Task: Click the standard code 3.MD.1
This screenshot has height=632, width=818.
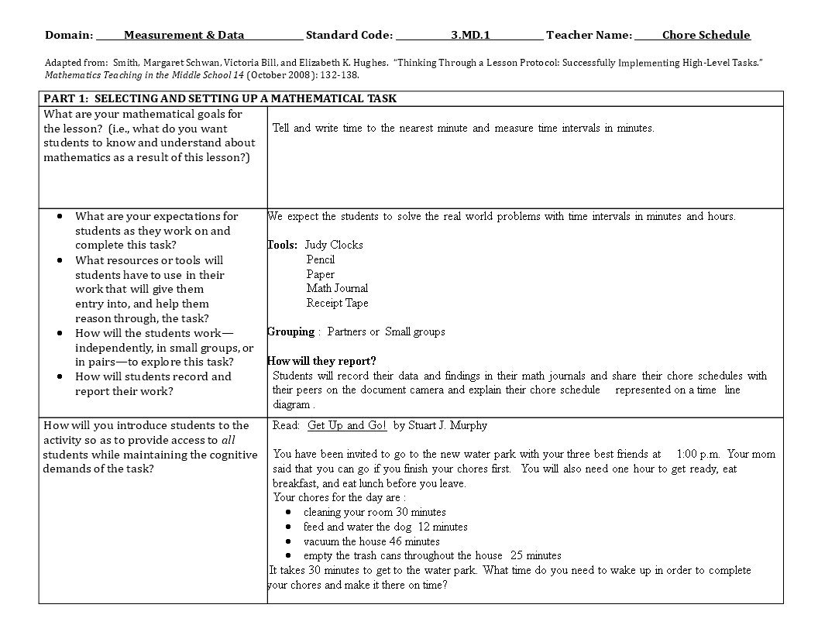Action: pos(470,35)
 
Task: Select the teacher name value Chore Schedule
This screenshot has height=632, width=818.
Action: pos(706,35)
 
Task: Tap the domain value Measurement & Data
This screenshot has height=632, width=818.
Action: pos(184,35)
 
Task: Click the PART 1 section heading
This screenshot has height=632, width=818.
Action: pos(220,98)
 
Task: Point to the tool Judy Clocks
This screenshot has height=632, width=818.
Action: pos(334,245)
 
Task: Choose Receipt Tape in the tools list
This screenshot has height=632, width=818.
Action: pos(337,303)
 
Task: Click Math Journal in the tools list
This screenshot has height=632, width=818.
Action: pos(337,288)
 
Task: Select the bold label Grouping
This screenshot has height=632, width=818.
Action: pos(290,331)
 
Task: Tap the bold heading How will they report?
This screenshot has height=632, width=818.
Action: pos(321,361)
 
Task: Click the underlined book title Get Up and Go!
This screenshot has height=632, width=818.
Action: pos(347,425)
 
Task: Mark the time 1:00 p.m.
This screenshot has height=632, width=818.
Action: pos(698,455)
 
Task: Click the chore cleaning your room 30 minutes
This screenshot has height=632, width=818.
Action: pos(374,512)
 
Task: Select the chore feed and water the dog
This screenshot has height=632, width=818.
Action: pos(385,527)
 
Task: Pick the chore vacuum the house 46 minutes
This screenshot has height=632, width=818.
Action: pos(371,541)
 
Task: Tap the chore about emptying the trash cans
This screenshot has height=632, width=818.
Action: pos(432,555)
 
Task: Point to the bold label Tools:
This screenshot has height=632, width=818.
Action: pos(283,245)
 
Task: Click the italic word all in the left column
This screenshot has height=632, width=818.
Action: pos(228,440)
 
